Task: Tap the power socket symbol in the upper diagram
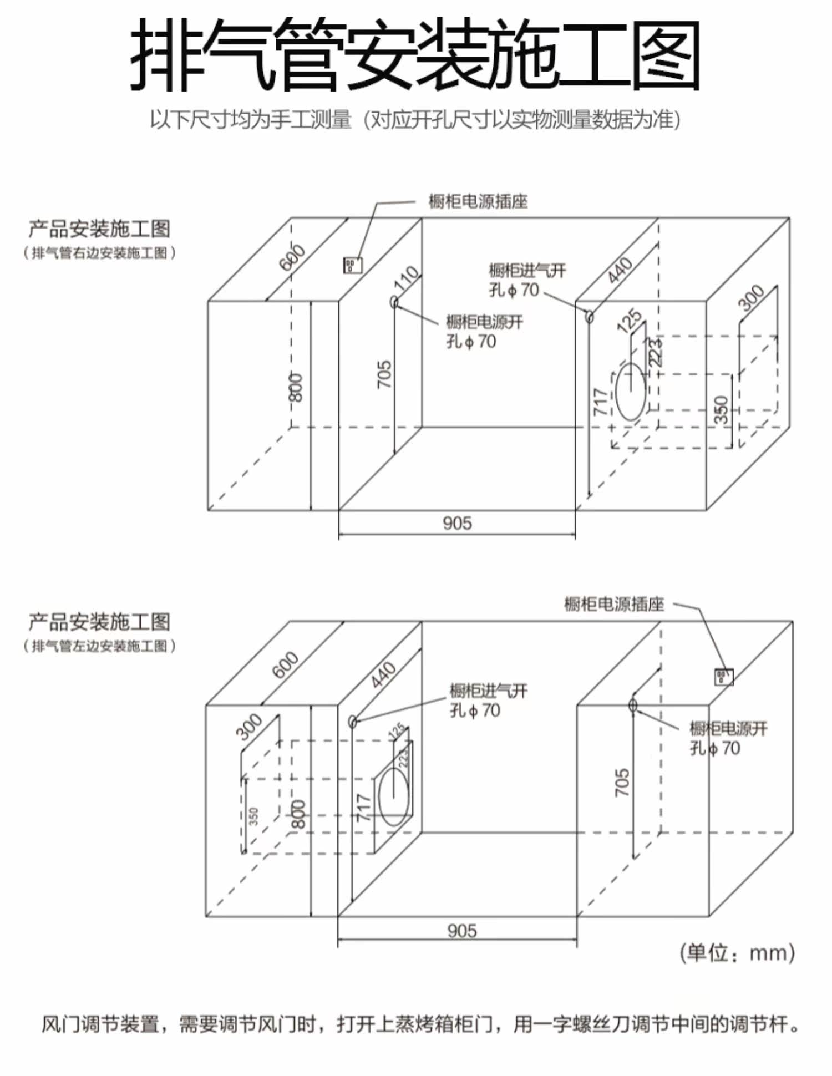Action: click(x=352, y=265)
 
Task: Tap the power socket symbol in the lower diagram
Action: click(x=723, y=677)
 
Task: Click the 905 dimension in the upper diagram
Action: click(x=457, y=523)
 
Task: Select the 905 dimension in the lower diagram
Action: click(x=461, y=930)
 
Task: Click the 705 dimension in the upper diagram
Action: click(x=384, y=374)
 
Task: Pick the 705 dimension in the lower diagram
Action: click(x=622, y=783)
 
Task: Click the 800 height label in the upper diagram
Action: click(x=296, y=387)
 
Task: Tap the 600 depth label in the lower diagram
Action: click(x=285, y=664)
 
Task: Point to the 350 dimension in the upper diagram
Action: click(x=721, y=409)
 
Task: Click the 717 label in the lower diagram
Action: click(x=363, y=808)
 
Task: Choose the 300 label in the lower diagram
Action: click(x=249, y=727)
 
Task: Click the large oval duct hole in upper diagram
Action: click(x=631, y=392)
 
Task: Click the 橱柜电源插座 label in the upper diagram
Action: click(x=478, y=201)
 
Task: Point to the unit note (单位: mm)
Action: click(x=737, y=953)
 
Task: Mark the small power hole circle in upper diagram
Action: click(x=394, y=302)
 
